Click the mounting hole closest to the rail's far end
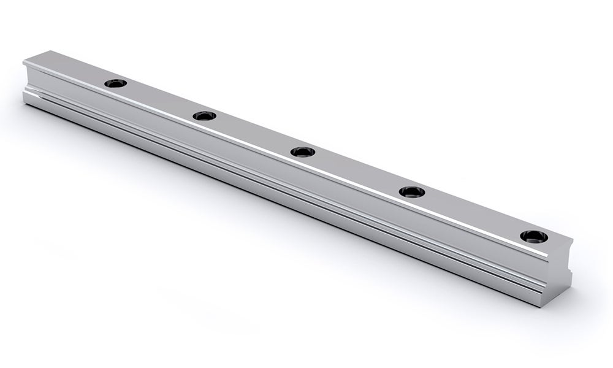pyautogui.click(x=115, y=83)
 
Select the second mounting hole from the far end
pyautogui.click(x=204, y=115)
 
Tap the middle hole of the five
pyautogui.click(x=303, y=151)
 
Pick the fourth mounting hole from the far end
pyautogui.click(x=412, y=191)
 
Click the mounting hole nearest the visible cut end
pyautogui.click(x=532, y=236)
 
